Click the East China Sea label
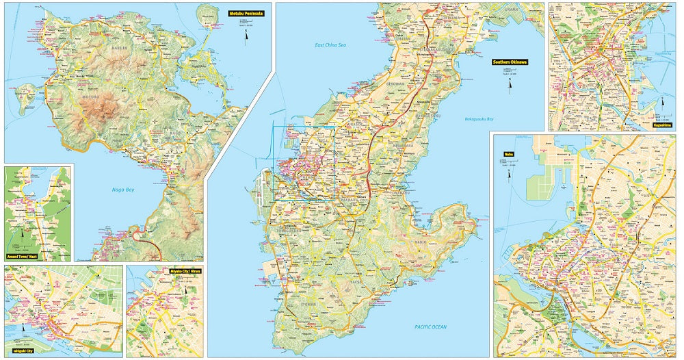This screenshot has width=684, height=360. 330,45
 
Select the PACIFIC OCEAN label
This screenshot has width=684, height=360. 430,327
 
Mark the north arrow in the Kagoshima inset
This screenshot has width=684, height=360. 661,103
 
